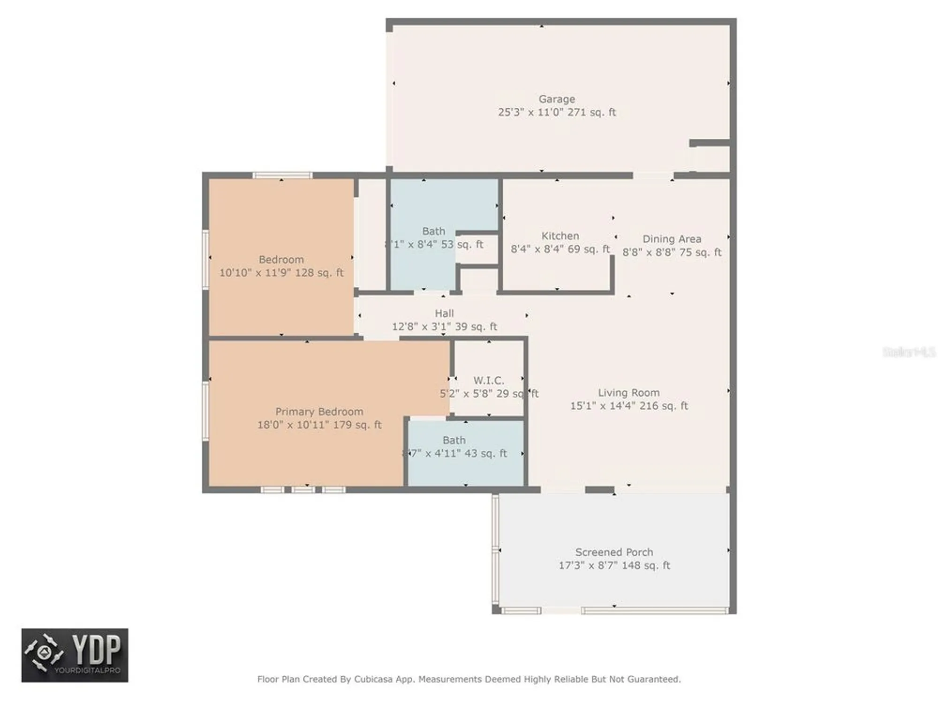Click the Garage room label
point(556,99)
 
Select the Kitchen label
point(560,236)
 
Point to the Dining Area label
point(672,239)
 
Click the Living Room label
point(628,393)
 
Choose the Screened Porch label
point(614,552)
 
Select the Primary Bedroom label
point(319,411)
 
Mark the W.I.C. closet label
point(488,380)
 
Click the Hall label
point(444,313)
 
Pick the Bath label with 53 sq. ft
point(433,231)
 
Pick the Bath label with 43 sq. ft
point(454,440)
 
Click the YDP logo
point(75,655)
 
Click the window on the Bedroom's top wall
point(282,176)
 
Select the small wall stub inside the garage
point(709,143)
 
